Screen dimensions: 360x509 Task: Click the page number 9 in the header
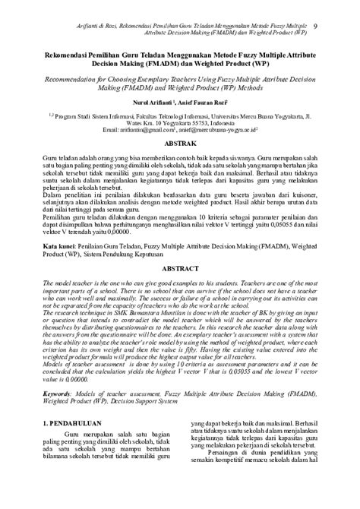pyautogui.click(x=336, y=7)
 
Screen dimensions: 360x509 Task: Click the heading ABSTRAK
pyautogui.click(x=180, y=142)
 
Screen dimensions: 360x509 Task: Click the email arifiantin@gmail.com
pyautogui.click(x=160, y=130)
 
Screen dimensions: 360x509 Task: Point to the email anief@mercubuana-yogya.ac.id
pyautogui.click(x=235, y=130)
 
